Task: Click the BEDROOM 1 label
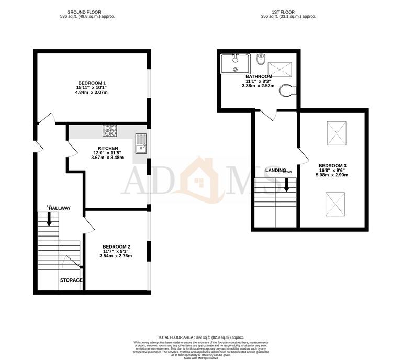click(x=92, y=83)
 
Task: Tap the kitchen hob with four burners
click(x=110, y=130)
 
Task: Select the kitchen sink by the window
click(x=141, y=144)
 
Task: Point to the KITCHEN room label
click(x=107, y=148)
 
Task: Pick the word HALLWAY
click(x=60, y=208)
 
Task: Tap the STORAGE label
click(x=71, y=280)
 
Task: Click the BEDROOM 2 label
click(x=116, y=246)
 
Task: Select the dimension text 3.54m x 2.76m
click(x=116, y=256)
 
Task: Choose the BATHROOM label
click(x=258, y=76)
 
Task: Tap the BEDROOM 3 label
click(x=333, y=166)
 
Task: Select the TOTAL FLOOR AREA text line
click(x=200, y=337)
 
